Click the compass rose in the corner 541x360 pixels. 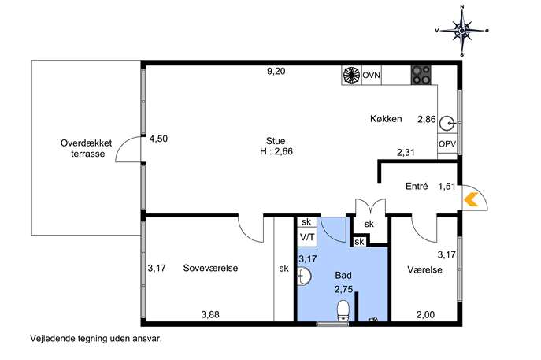(x=462, y=31)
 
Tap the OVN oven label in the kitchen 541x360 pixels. (x=371, y=75)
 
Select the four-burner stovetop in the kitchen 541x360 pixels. (x=421, y=76)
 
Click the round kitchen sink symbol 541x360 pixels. (x=448, y=123)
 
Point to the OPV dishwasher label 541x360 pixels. (x=447, y=144)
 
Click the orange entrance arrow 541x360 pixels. (x=471, y=200)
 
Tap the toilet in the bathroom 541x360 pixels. (x=343, y=311)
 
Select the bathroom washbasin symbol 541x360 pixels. (x=304, y=276)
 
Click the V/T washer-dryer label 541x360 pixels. (x=307, y=237)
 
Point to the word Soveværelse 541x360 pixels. (x=210, y=268)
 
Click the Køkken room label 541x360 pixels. (x=386, y=119)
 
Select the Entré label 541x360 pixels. (x=417, y=187)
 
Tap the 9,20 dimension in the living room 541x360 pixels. (x=276, y=72)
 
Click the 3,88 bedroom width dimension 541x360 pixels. (x=210, y=315)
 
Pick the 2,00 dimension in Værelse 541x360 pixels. (x=426, y=315)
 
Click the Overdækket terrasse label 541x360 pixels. (x=87, y=148)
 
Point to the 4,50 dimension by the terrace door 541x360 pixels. (x=158, y=139)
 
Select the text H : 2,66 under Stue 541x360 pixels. (x=276, y=151)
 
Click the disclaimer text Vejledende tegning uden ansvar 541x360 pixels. (x=96, y=338)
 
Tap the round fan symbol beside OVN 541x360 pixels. (x=351, y=76)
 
